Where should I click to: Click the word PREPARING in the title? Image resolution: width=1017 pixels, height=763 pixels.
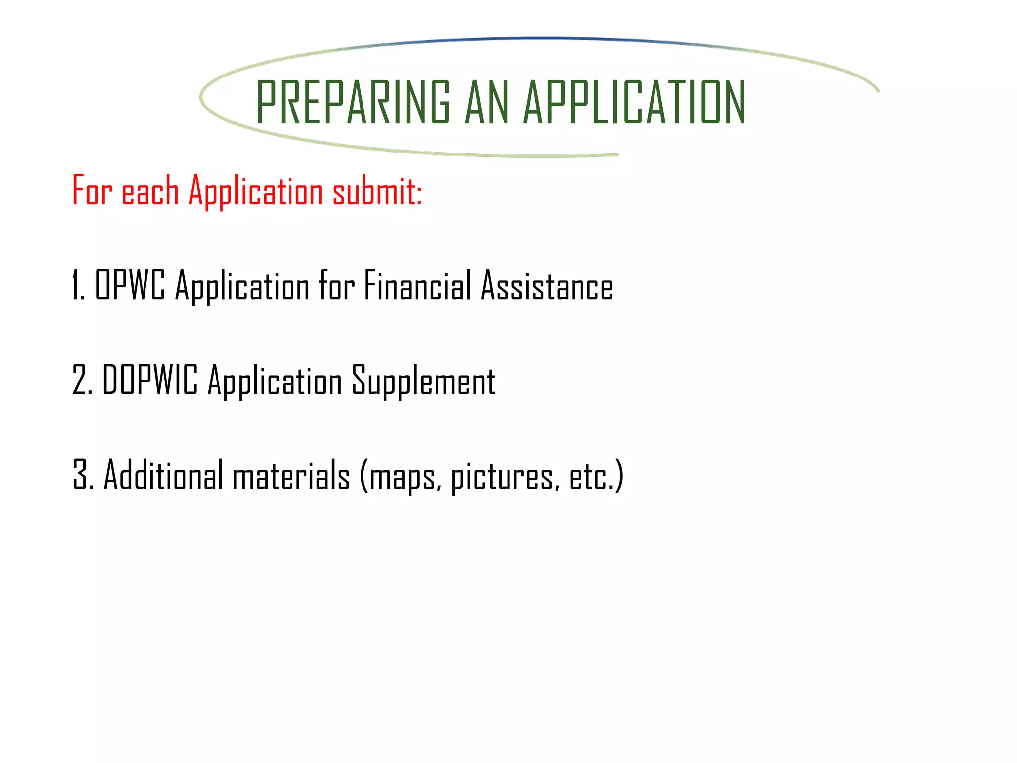pyautogui.click(x=353, y=102)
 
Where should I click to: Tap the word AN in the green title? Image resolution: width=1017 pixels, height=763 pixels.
pyautogui.click(x=487, y=102)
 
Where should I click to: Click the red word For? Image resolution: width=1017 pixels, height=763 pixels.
pyautogui.click(x=92, y=190)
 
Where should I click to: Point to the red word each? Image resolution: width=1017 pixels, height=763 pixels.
pyautogui.click(x=150, y=190)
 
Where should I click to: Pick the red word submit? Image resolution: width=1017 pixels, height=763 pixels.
pyautogui.click(x=377, y=190)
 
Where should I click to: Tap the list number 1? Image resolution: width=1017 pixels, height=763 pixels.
pyautogui.click(x=78, y=285)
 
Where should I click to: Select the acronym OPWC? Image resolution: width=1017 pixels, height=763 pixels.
pyautogui.click(x=130, y=284)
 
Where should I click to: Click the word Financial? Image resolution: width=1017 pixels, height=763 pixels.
pyautogui.click(x=417, y=285)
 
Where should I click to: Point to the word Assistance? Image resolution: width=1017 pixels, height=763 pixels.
pyautogui.click(x=547, y=285)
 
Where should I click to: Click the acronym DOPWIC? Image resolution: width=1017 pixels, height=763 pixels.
pyautogui.click(x=149, y=380)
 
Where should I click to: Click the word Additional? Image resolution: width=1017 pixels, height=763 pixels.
pyautogui.click(x=163, y=475)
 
